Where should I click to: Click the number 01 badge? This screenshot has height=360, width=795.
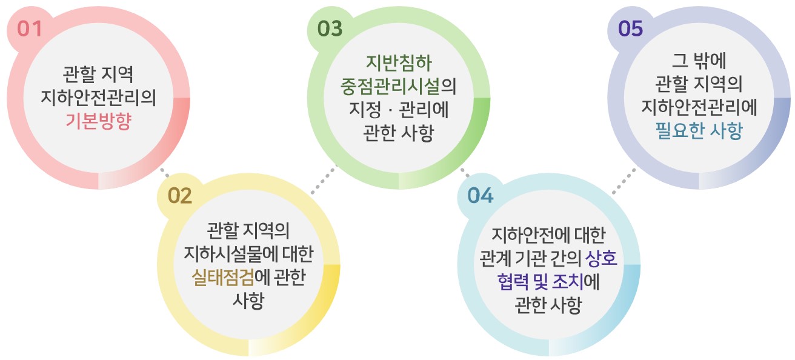point(30,28)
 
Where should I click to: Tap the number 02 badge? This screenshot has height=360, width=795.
point(180,196)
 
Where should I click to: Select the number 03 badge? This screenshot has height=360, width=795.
point(330,28)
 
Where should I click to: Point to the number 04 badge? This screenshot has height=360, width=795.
point(481,196)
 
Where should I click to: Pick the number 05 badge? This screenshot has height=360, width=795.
point(631,28)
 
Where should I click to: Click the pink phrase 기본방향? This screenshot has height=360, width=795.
point(99,121)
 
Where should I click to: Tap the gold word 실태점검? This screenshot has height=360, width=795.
point(223,278)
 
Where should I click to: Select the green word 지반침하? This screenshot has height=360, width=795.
point(399,62)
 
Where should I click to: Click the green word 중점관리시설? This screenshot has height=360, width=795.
point(390,86)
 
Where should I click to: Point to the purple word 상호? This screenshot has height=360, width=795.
point(601,258)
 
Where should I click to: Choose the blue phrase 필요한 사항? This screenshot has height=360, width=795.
point(699,130)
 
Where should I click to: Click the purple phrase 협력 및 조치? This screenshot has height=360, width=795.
point(541,282)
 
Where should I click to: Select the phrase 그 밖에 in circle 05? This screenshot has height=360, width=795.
point(699,60)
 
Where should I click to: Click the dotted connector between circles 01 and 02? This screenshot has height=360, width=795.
point(165,173)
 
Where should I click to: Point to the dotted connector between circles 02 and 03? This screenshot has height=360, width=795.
point(324,179)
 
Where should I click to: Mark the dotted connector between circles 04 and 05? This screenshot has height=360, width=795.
point(624,181)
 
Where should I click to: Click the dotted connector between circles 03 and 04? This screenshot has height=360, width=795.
point(465,173)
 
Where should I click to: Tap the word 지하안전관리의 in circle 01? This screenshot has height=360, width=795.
point(99,98)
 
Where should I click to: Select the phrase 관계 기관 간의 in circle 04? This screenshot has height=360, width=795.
point(531,258)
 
